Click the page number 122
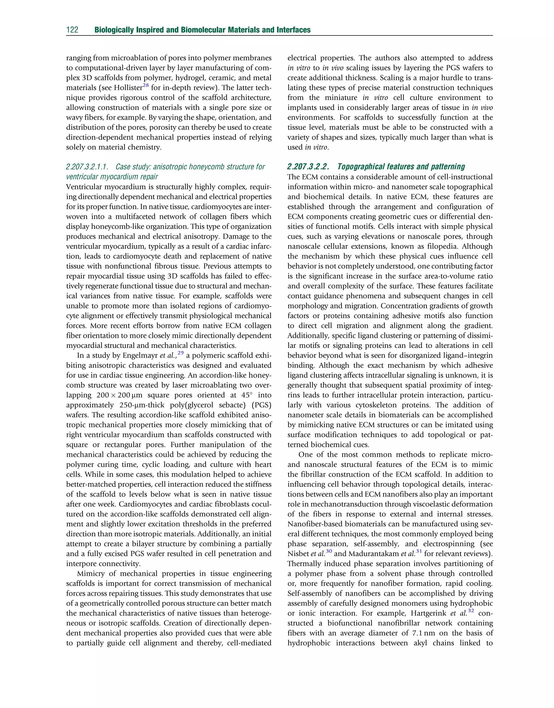coord(72,30)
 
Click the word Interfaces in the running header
coord(293,30)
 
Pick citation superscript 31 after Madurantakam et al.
coord(419,551)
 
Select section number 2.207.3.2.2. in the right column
coord(308,167)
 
